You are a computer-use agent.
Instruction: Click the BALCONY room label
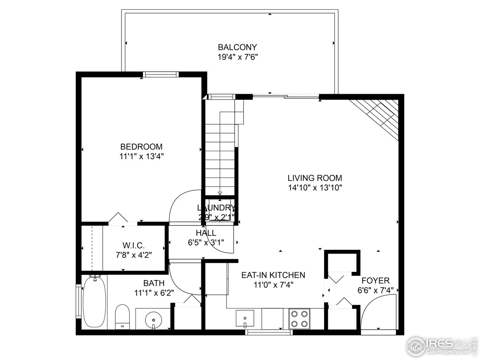click(x=237, y=47)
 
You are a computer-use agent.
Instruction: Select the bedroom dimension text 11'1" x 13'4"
click(x=141, y=156)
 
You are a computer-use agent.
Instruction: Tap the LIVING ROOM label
click(x=315, y=178)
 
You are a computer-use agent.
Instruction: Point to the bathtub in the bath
click(x=94, y=301)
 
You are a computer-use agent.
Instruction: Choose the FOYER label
click(x=375, y=280)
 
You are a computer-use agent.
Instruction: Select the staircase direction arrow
click(x=220, y=192)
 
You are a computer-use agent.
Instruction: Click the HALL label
click(x=205, y=233)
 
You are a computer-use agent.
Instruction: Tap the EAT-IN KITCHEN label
click(x=273, y=275)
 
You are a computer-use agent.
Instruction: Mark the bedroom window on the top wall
click(x=161, y=74)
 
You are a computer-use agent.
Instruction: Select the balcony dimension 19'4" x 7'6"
click(x=237, y=57)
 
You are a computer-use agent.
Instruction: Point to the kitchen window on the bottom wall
click(x=268, y=332)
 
